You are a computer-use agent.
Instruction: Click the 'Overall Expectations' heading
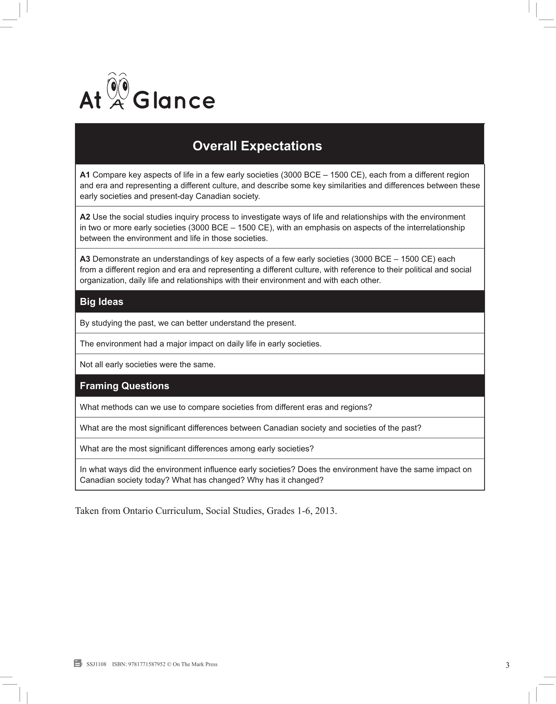[257, 146]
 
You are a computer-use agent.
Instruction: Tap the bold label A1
[85, 175]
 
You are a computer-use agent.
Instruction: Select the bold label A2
[85, 217]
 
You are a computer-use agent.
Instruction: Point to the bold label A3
[85, 259]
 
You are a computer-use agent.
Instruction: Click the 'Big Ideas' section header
[102, 301]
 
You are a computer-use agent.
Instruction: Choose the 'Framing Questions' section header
[124, 385]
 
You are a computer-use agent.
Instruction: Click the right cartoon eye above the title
[124, 87]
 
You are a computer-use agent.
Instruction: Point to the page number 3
[507, 665]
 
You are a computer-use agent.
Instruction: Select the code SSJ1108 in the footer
[96, 664]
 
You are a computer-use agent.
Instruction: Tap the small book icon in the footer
[78, 663]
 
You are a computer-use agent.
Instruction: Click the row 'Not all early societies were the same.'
[147, 364]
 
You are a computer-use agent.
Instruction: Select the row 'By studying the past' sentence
[188, 323]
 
